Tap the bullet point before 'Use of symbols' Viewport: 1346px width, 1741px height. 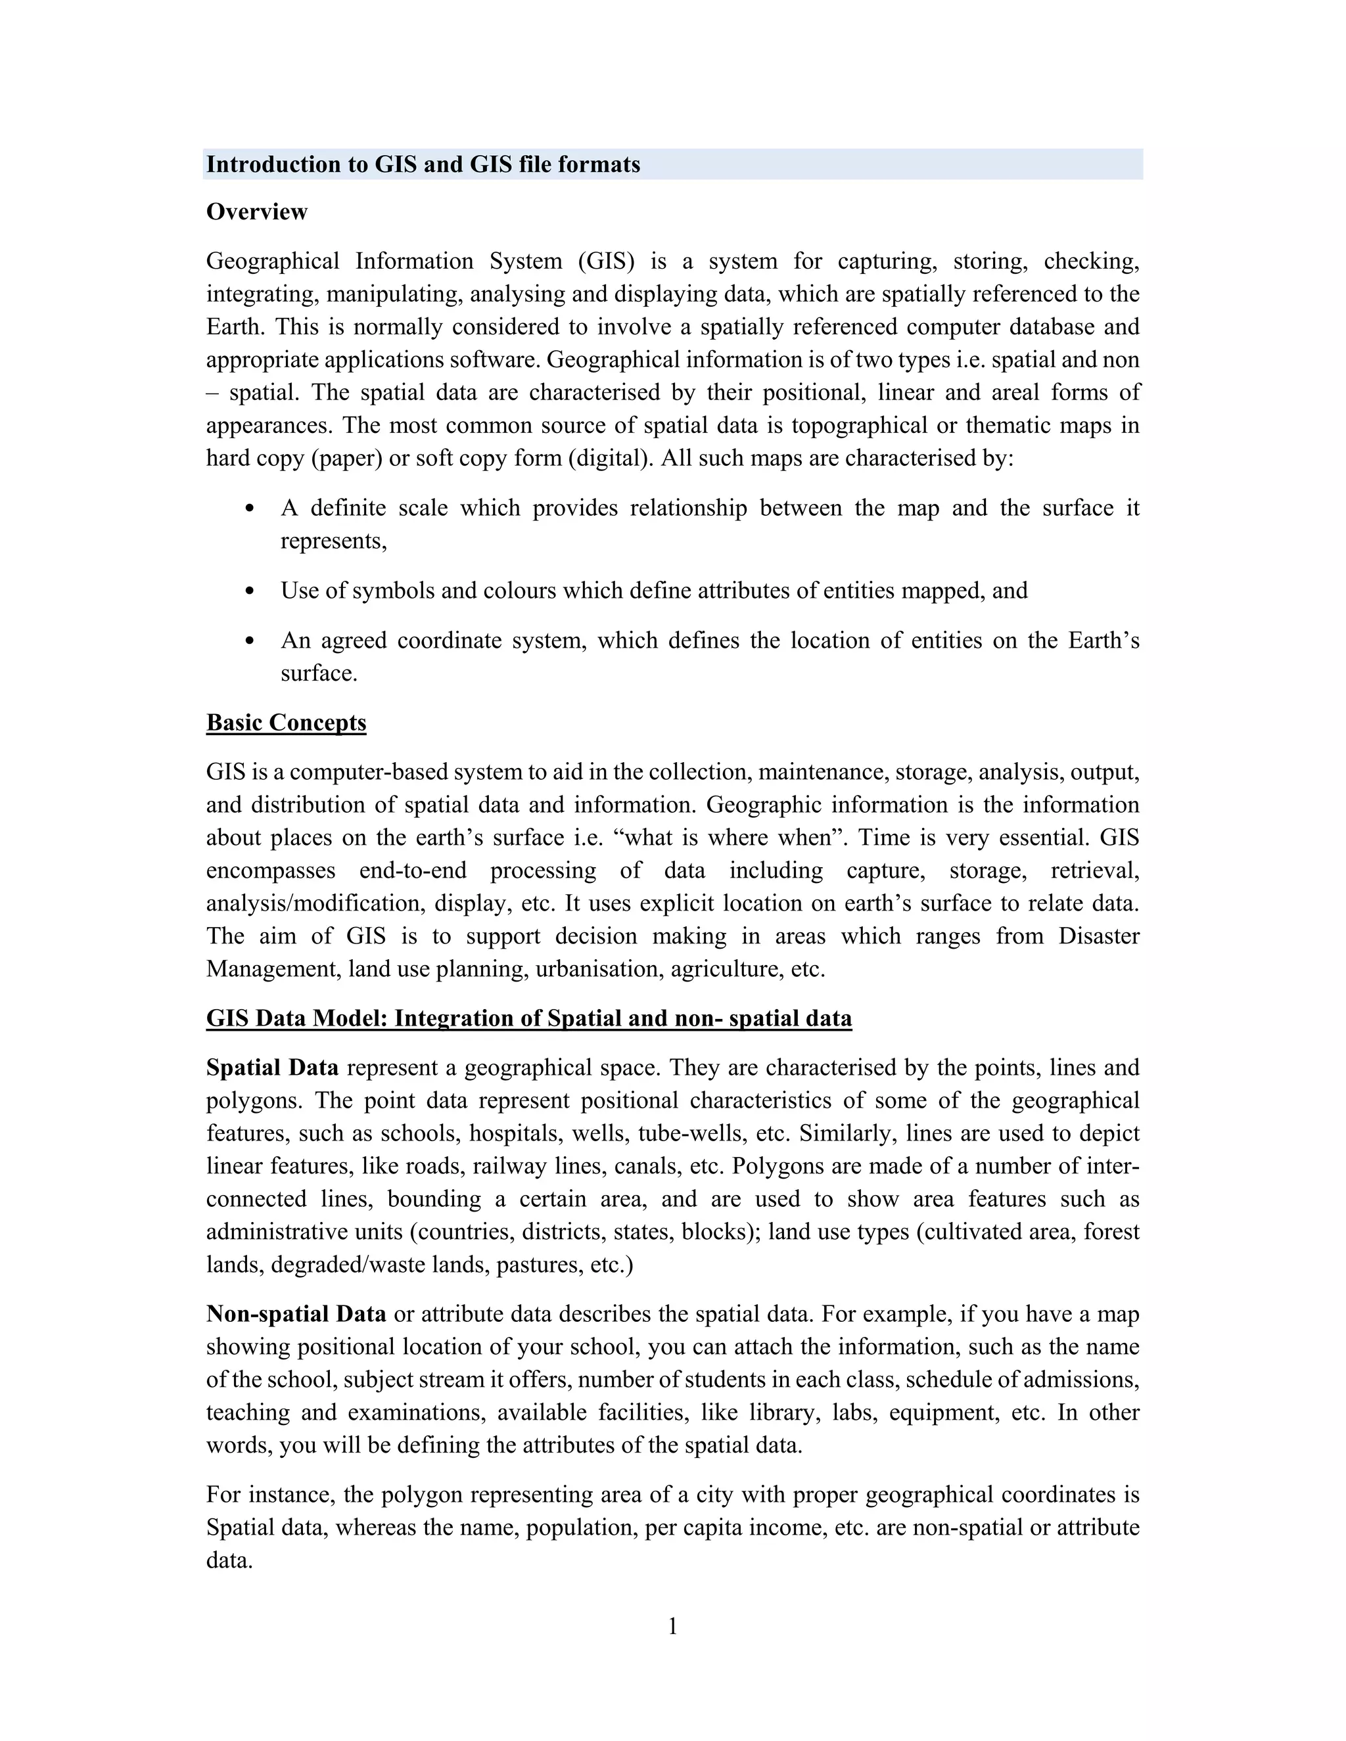click(250, 591)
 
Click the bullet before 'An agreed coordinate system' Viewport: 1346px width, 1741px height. click(250, 641)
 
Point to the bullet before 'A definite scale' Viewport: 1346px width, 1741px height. click(250, 509)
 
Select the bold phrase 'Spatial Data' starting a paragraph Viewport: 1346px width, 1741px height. click(272, 1068)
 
